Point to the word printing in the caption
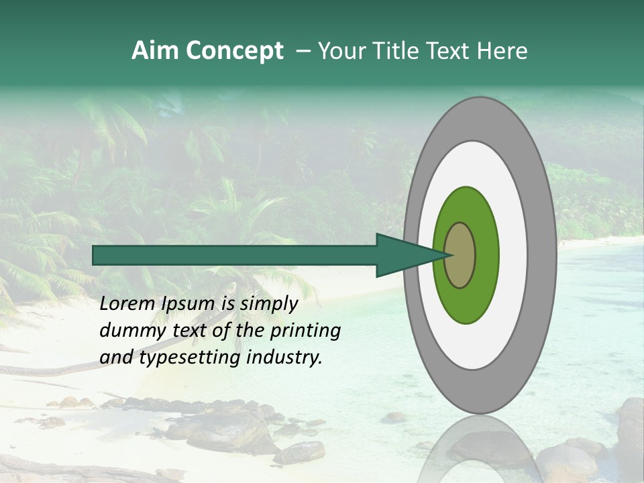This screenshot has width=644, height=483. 305,331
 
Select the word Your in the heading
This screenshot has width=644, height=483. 341,51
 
